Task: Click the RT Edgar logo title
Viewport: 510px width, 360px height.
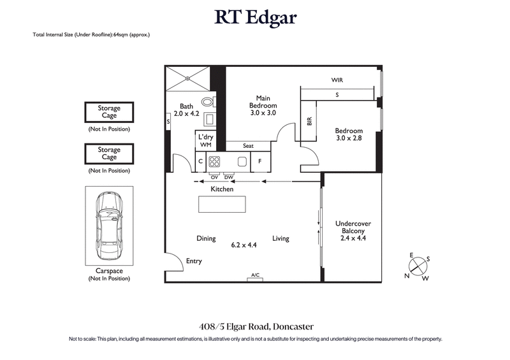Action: (x=255, y=18)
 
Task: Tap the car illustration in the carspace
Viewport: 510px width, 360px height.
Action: (x=109, y=226)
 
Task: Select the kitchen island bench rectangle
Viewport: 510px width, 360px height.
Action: (x=222, y=205)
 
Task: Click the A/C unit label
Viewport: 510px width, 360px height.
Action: (x=256, y=275)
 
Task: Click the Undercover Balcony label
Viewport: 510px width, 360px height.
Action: (x=353, y=231)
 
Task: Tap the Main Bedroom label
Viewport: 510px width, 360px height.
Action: (x=262, y=105)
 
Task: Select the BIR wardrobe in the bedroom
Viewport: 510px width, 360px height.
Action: (x=309, y=121)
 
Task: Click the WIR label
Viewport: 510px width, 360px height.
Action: (x=337, y=81)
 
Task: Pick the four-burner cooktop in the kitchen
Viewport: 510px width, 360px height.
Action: (x=214, y=161)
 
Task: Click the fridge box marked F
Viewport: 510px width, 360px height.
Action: (x=260, y=162)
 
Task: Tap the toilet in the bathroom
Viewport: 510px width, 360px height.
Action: (x=207, y=102)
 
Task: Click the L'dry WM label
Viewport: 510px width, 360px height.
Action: (x=205, y=141)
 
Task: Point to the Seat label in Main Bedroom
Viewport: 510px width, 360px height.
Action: (x=248, y=146)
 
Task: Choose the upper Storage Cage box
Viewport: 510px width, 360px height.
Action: (x=109, y=113)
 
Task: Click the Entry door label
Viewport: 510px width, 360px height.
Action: (x=194, y=261)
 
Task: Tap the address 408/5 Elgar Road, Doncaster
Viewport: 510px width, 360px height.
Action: (x=255, y=326)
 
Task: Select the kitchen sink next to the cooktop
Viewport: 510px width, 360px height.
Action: (x=242, y=161)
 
